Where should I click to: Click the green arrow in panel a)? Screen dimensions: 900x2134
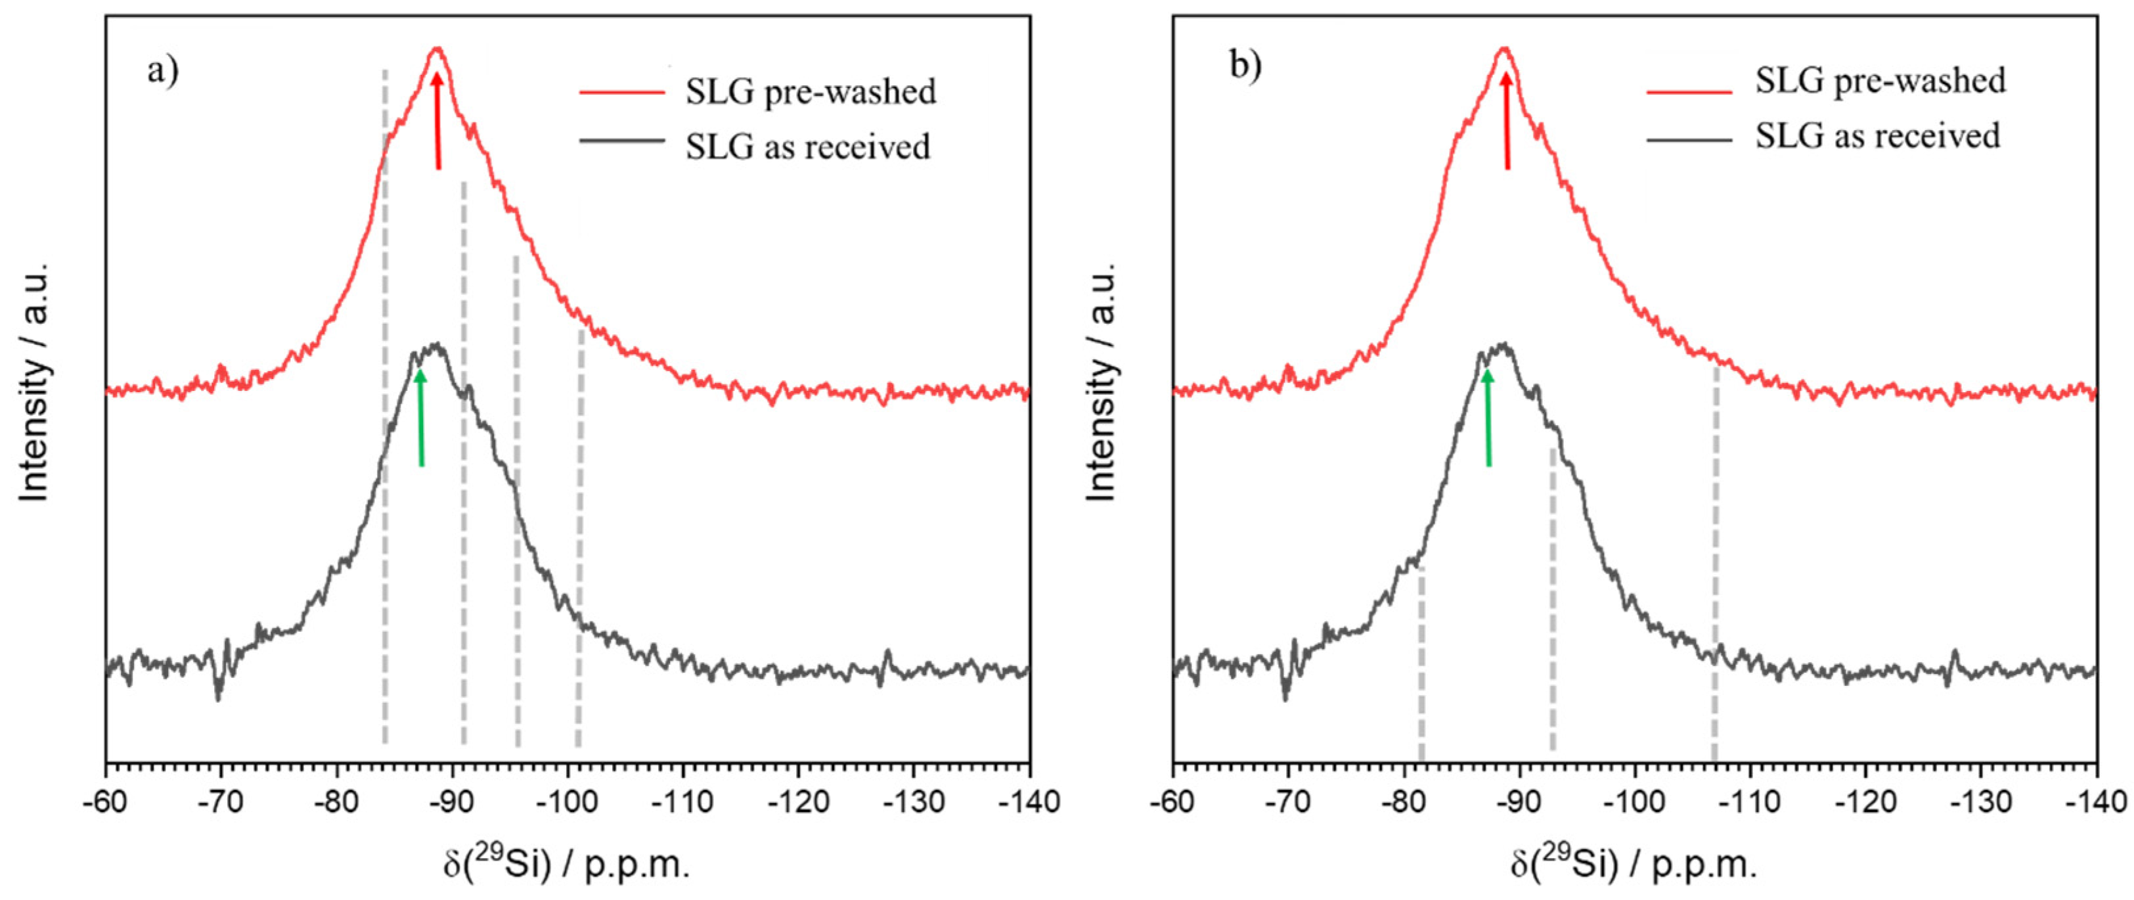coord(421,418)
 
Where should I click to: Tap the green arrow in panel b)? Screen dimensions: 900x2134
coord(1488,418)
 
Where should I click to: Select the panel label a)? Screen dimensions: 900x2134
coord(162,70)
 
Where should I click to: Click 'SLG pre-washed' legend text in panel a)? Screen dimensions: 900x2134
coord(811,91)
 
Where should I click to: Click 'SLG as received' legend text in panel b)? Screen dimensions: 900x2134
coord(1877,135)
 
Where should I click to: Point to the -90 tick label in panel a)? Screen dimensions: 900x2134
coord(451,802)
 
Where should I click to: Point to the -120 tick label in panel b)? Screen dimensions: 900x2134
coord(1864,802)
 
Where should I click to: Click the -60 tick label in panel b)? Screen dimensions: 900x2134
coord(1173,802)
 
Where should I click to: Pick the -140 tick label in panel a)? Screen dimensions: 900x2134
coord(1027,802)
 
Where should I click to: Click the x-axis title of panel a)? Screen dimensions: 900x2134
coord(567,865)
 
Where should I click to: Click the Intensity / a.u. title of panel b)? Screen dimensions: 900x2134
coord(1101,381)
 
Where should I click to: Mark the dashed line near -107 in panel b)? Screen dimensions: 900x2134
coord(1715,564)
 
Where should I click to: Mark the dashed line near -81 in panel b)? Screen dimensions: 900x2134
coord(1421,663)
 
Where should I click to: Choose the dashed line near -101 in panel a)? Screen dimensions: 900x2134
coord(580,539)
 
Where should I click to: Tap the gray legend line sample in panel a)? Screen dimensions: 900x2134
coord(621,141)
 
